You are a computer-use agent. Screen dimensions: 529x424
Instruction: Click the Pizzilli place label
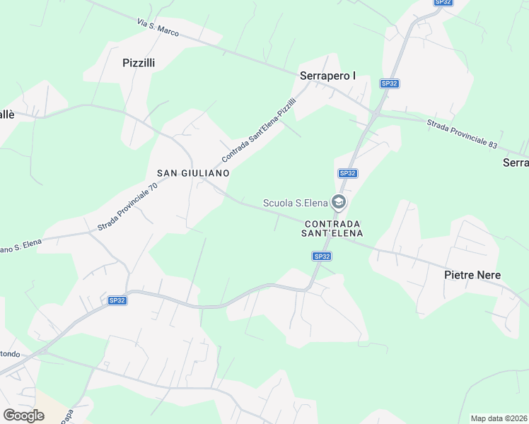tap(139, 62)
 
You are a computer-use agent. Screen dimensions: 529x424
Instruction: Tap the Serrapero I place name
tap(327, 76)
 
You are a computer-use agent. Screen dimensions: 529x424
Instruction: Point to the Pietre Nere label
tap(472, 274)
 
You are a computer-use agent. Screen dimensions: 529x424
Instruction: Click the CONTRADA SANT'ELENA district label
tap(332, 228)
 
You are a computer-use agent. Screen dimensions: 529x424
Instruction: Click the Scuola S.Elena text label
tap(295, 204)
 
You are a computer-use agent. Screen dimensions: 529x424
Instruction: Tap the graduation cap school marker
tap(339, 204)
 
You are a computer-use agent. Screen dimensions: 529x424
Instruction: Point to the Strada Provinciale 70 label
tap(127, 207)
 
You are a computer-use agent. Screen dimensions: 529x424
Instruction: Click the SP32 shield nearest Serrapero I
tap(390, 83)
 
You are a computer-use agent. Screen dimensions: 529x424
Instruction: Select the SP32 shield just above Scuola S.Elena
tap(347, 173)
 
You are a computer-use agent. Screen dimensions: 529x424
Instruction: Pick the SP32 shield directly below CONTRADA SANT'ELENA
tap(322, 257)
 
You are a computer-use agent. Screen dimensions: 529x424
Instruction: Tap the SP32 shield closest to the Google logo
tap(117, 300)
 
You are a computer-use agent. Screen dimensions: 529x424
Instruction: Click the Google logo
tap(23, 415)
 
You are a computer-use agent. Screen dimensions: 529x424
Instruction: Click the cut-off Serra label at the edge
tap(516, 163)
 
